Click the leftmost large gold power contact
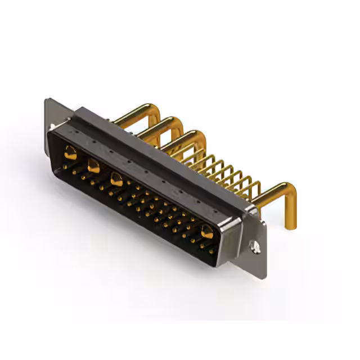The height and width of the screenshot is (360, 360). coord(70,151)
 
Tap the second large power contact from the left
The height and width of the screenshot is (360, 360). coord(93,166)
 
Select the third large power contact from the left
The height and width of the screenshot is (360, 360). coord(116,180)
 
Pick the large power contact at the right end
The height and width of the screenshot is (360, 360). coord(207,231)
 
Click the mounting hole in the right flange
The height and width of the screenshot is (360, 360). coord(255,246)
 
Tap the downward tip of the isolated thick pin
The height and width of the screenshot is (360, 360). coord(290,225)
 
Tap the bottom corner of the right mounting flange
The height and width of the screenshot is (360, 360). coord(263,276)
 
